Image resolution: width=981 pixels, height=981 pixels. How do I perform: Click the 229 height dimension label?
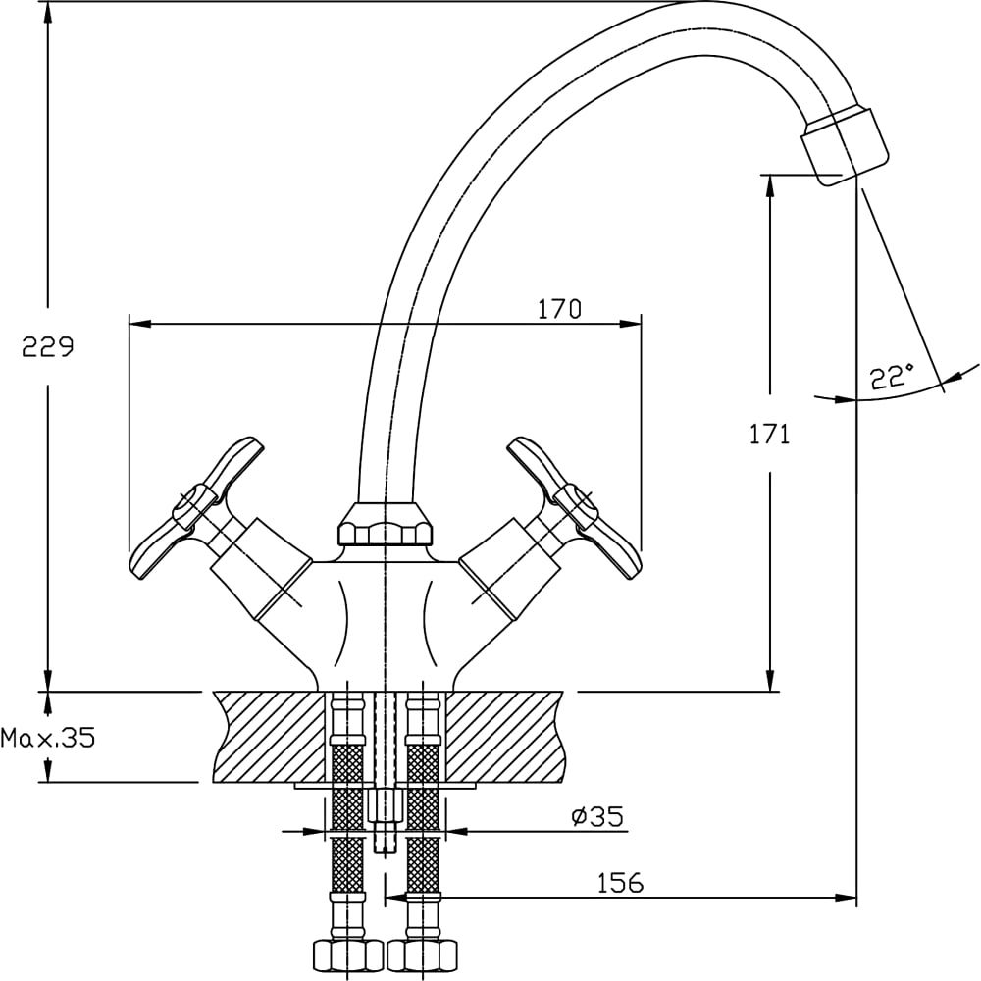click(x=47, y=347)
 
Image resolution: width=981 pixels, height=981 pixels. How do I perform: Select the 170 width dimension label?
click(x=559, y=309)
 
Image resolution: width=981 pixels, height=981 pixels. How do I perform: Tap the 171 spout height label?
click(x=769, y=434)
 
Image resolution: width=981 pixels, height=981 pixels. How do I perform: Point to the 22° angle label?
click(x=892, y=377)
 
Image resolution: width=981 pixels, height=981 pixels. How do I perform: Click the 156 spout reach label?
click(x=621, y=883)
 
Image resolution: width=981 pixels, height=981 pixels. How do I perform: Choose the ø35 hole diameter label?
click(x=596, y=816)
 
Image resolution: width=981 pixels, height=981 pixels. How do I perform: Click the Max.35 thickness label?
click(x=49, y=738)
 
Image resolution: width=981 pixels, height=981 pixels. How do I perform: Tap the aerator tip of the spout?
click(x=845, y=146)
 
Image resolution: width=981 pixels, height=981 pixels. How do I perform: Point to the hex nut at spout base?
click(x=386, y=526)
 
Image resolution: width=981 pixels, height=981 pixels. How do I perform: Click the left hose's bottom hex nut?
click(x=346, y=954)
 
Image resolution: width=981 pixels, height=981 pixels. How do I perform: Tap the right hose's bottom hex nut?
click(x=423, y=954)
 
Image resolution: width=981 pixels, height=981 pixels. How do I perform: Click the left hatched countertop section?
click(x=270, y=736)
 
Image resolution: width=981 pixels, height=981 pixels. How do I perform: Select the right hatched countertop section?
click(x=505, y=736)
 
